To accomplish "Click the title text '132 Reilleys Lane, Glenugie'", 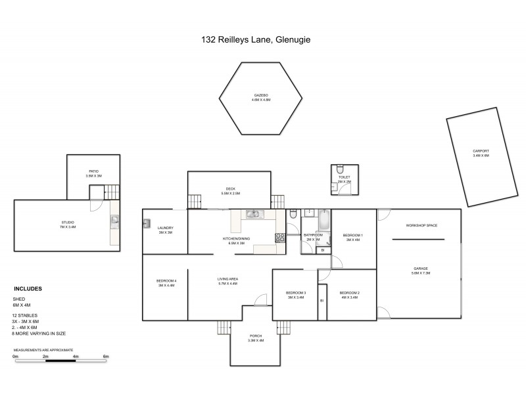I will tap(255, 39).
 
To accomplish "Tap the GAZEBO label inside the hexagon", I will tap(261, 95).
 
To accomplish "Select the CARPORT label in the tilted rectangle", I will tap(481, 150).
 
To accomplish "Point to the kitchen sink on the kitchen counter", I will tap(254, 213).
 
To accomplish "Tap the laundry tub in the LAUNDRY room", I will tap(147, 223).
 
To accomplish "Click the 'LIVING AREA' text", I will tap(227, 279).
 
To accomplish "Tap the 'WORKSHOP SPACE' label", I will tap(421, 225).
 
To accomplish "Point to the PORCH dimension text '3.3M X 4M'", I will tap(255, 341).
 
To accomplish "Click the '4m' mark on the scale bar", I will tap(76, 357).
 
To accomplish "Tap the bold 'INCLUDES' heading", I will tap(28, 288).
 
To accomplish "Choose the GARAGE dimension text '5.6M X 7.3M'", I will tap(421, 273).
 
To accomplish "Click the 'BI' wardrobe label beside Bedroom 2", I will tap(322, 301).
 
